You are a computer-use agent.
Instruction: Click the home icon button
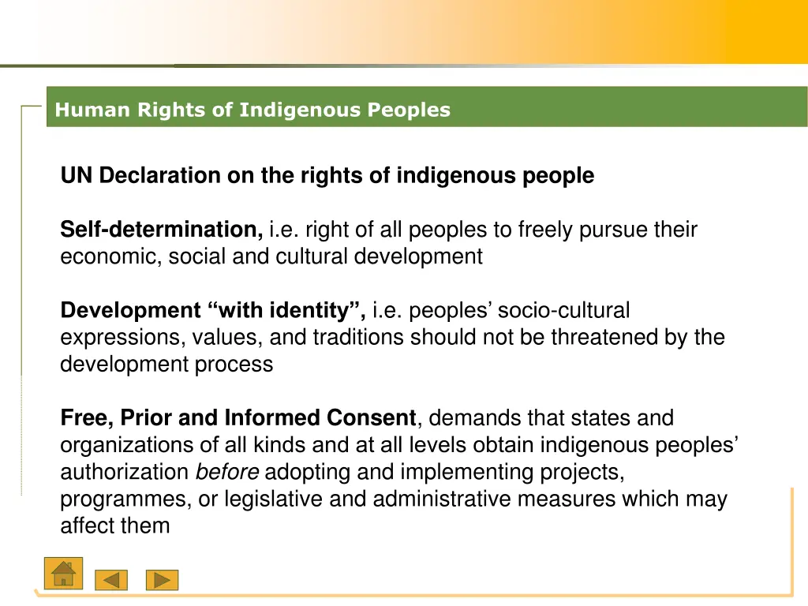pos(62,574)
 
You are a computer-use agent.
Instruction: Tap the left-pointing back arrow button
pos(111,580)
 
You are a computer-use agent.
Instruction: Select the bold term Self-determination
pos(162,230)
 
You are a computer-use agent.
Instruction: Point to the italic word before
pos(227,472)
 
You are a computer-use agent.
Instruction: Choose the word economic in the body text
pos(110,256)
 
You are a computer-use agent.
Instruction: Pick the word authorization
pos(125,472)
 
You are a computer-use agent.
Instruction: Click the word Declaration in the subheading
pos(161,175)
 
